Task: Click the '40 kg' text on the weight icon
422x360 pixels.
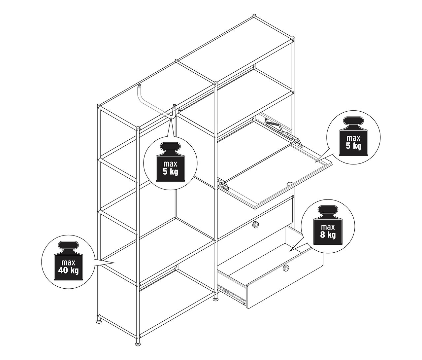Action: click(68, 271)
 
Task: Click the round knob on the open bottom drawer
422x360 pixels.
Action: click(286, 268)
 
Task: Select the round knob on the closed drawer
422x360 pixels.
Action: click(255, 224)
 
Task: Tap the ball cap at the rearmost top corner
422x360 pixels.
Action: click(254, 16)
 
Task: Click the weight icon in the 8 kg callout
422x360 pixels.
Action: click(328, 225)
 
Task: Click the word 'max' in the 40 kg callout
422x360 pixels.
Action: click(68, 263)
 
